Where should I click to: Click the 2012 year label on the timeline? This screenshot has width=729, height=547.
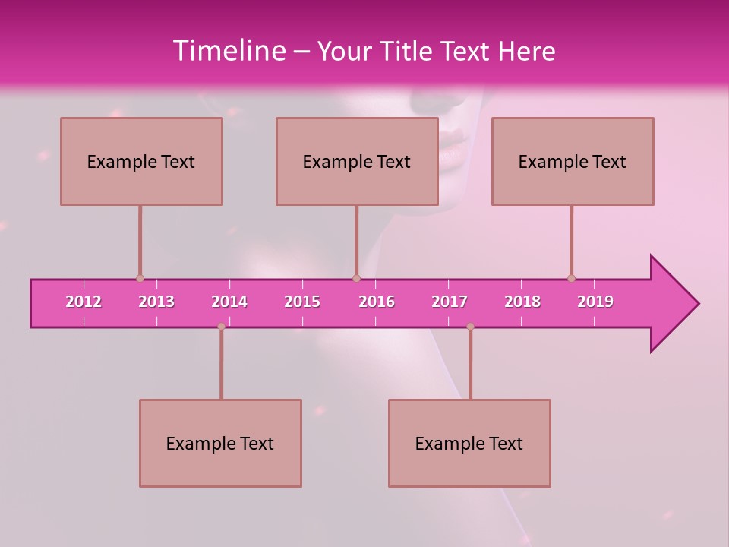[84, 302]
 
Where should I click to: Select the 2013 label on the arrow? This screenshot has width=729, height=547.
[156, 302]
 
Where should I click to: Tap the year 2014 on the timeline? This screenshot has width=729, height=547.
[229, 302]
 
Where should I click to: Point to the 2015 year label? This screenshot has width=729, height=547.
[302, 302]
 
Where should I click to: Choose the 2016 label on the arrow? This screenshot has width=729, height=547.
[377, 302]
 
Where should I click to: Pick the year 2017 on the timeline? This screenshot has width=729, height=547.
[450, 302]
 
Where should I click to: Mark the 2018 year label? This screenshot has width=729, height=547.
[522, 302]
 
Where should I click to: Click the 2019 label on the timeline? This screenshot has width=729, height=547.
[595, 302]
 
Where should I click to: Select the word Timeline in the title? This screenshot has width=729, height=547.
[228, 51]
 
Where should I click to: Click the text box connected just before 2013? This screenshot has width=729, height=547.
[141, 161]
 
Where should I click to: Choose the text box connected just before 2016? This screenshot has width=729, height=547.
[357, 161]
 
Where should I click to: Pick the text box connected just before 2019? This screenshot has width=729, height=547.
[573, 161]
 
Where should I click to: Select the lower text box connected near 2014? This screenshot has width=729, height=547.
[220, 443]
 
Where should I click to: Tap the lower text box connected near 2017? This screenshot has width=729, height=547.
[469, 443]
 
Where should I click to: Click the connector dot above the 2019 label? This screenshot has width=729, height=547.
[572, 278]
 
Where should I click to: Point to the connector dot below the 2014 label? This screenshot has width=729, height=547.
[221, 327]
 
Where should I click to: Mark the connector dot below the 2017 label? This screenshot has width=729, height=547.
[470, 327]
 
